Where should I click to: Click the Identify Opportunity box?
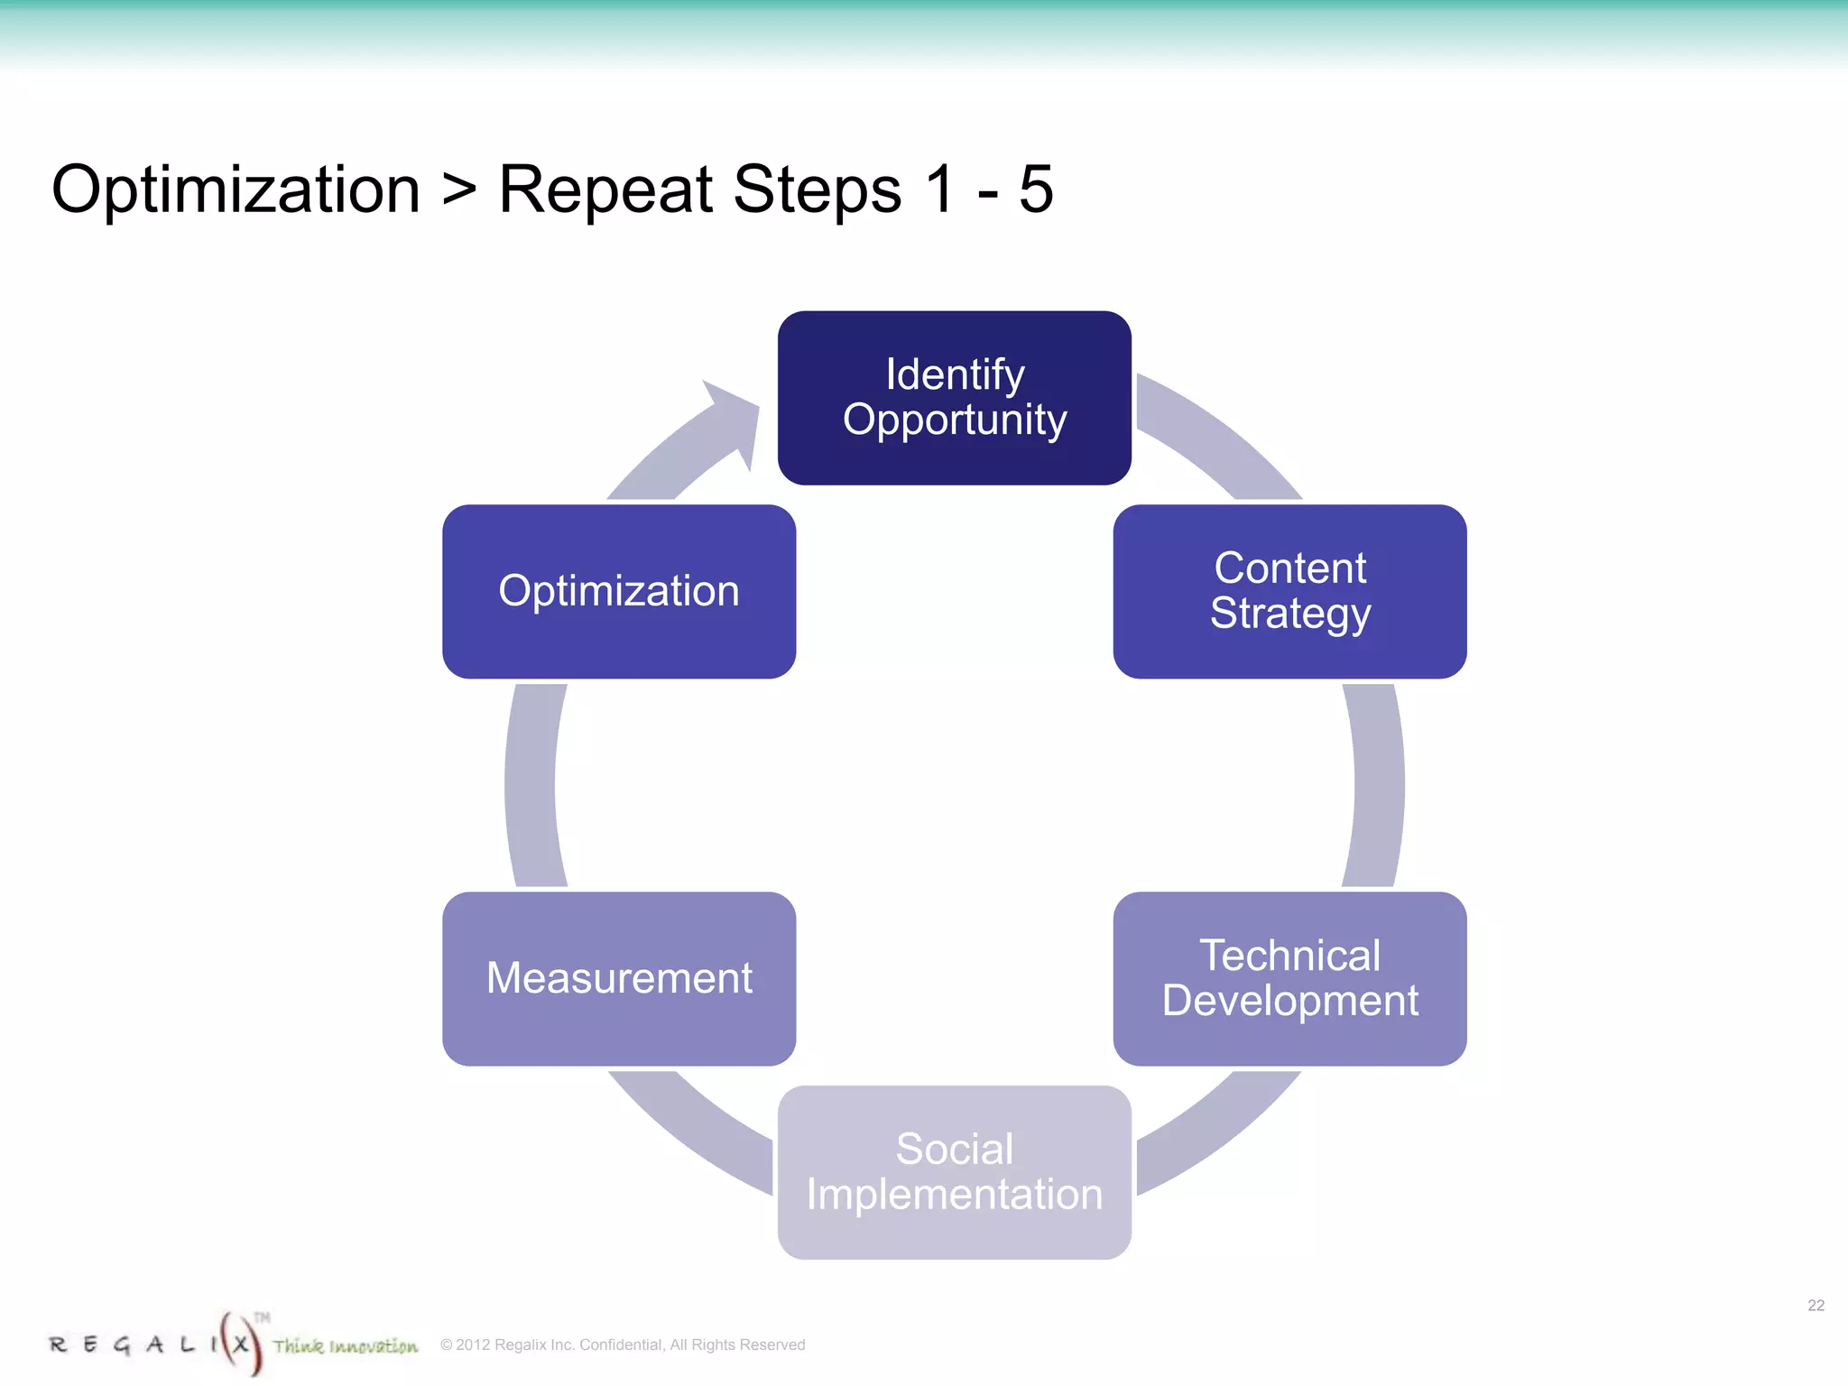click(954, 398)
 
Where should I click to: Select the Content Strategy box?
click(1289, 591)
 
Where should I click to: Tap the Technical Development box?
click(1289, 979)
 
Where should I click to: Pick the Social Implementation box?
click(954, 1172)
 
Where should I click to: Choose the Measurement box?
click(619, 979)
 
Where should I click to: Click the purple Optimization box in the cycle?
click(619, 591)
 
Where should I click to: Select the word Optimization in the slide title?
click(236, 189)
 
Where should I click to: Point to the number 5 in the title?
click(1035, 189)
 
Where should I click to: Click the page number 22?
click(1816, 1306)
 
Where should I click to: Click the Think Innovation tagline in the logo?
click(346, 1346)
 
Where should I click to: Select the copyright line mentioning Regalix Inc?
click(623, 1344)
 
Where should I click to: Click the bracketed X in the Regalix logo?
click(240, 1344)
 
